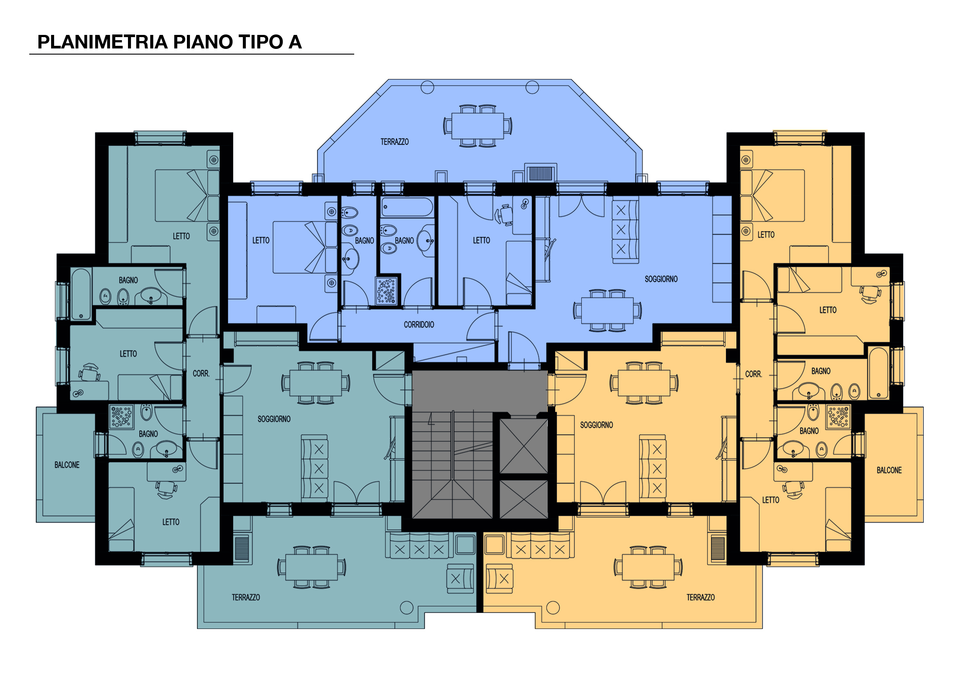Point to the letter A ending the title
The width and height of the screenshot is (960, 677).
[x=295, y=42]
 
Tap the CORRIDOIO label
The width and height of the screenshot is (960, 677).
[x=419, y=325]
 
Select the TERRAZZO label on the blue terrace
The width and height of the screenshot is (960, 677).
[x=394, y=142]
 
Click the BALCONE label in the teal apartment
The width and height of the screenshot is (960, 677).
[x=67, y=465]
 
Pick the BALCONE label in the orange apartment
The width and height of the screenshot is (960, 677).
[x=889, y=470]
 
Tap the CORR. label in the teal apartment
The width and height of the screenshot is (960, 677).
[x=201, y=374]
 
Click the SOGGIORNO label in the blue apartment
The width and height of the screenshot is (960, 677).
[x=661, y=279]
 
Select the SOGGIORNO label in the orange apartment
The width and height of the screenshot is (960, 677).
[x=597, y=425]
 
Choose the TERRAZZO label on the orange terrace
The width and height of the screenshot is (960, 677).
[x=701, y=597]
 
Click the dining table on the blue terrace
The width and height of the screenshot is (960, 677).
[x=478, y=126]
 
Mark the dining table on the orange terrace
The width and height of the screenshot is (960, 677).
[x=648, y=567]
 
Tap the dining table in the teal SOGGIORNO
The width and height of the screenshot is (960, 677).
[x=315, y=383]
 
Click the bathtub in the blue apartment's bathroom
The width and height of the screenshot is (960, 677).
[x=407, y=207]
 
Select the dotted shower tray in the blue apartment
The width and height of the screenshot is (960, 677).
[x=387, y=290]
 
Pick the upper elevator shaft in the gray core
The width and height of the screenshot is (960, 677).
[x=524, y=446]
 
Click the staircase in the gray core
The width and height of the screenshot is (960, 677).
[x=452, y=465]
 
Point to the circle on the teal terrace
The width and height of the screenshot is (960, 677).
[x=407, y=607]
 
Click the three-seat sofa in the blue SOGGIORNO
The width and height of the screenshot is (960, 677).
[x=625, y=230]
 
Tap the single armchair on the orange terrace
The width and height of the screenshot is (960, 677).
[x=499, y=579]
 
